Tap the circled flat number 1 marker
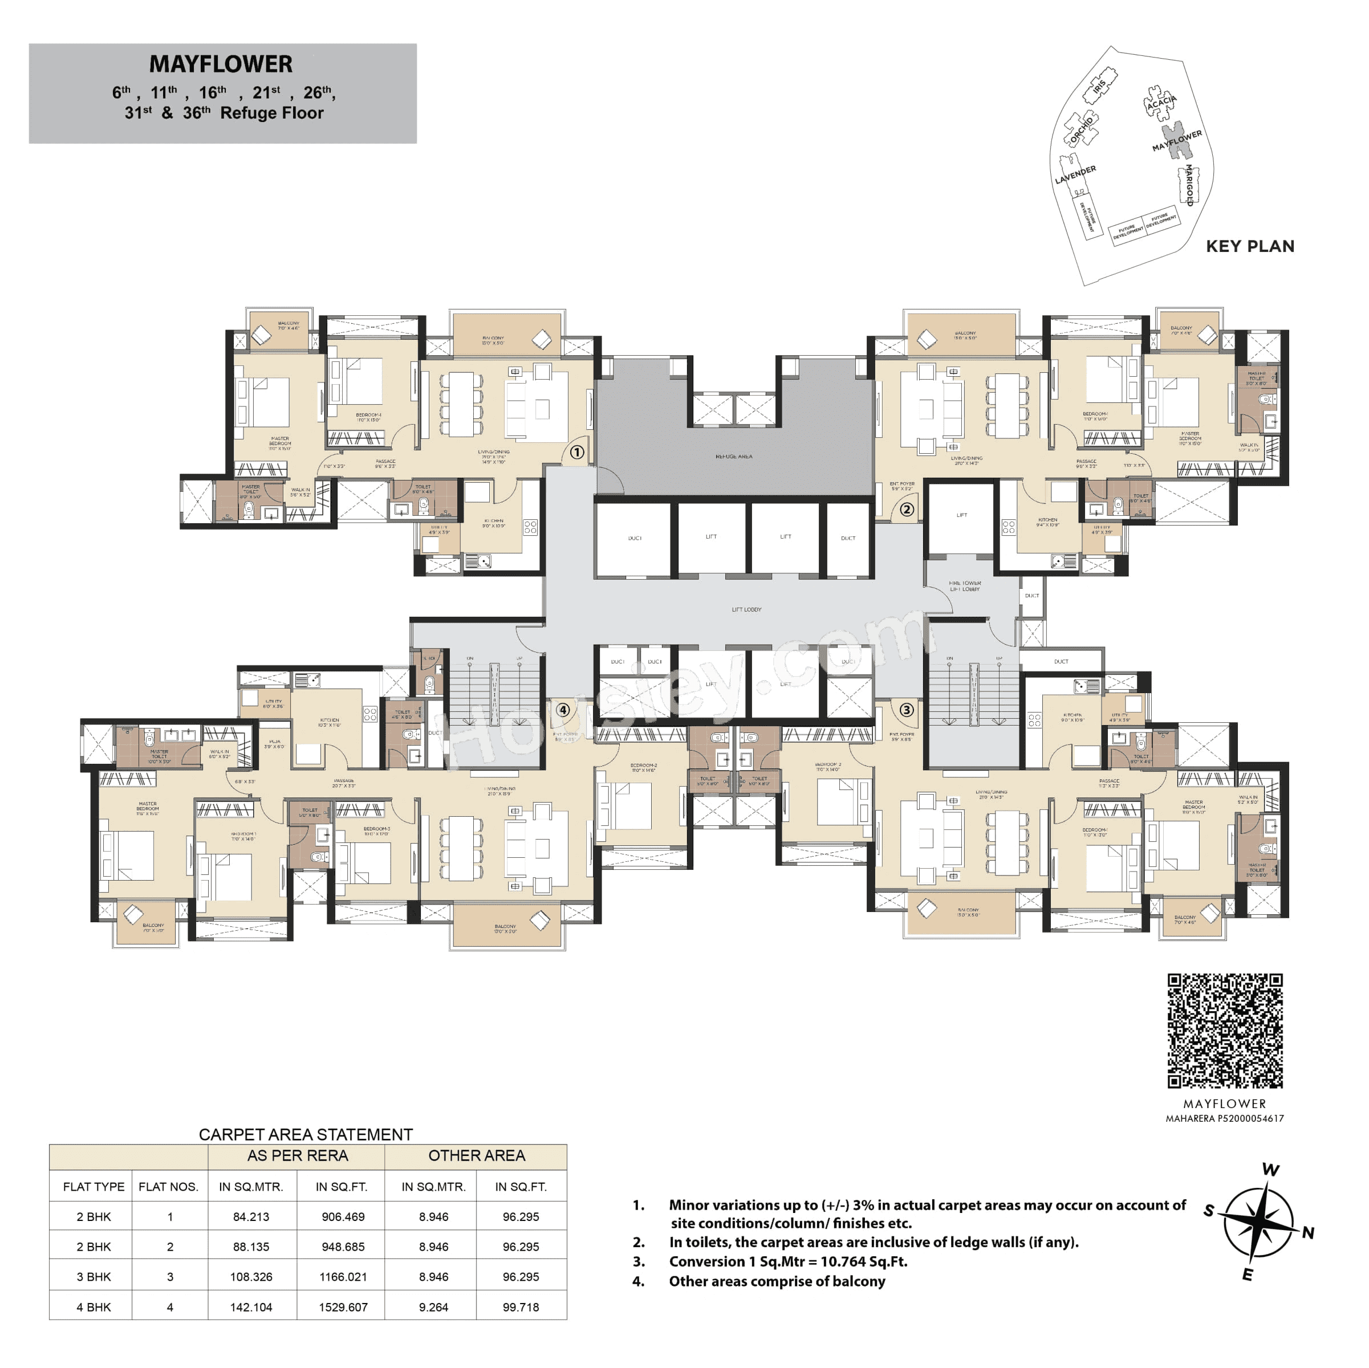point(577,452)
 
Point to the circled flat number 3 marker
point(906,710)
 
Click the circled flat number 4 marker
point(563,710)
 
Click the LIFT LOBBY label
point(746,609)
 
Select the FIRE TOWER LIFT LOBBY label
point(964,586)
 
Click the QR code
point(1224,1031)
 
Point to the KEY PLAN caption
point(1250,247)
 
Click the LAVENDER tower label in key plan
point(1075,174)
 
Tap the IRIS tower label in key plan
point(1099,87)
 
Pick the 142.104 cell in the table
point(251,1307)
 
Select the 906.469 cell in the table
point(343,1216)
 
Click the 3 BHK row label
point(94,1277)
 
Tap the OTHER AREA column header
point(476,1155)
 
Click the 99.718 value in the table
point(521,1307)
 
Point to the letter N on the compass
point(1308,1233)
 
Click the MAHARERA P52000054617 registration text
point(1224,1119)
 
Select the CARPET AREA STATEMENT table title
point(306,1134)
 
